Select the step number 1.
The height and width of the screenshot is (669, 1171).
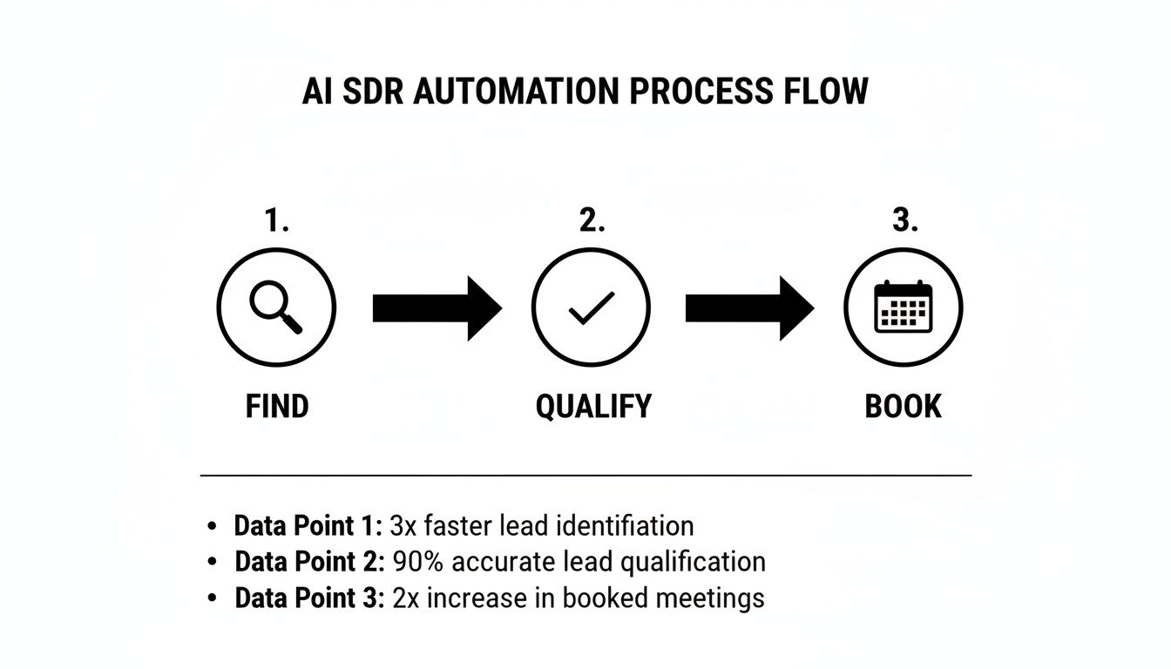pyautogui.click(x=276, y=222)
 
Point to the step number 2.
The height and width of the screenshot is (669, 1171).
pyautogui.click(x=592, y=222)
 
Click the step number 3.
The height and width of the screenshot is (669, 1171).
pyautogui.click(x=904, y=222)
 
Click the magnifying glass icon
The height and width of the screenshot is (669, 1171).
pyautogui.click(x=276, y=307)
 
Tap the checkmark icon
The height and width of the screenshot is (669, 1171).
pyautogui.click(x=592, y=307)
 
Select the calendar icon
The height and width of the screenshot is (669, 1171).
pyautogui.click(x=904, y=307)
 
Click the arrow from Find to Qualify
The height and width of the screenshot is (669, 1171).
pyautogui.click(x=437, y=308)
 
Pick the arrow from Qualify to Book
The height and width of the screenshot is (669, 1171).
pyautogui.click(x=749, y=308)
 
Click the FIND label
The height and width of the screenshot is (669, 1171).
pyautogui.click(x=277, y=407)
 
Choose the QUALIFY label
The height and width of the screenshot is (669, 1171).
pyautogui.click(x=593, y=407)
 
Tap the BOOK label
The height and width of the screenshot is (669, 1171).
pyautogui.click(x=904, y=407)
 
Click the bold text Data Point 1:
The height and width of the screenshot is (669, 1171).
pyautogui.click(x=308, y=526)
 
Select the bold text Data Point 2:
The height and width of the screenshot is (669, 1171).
pyautogui.click(x=309, y=562)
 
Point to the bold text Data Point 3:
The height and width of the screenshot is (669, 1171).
pyautogui.click(x=309, y=598)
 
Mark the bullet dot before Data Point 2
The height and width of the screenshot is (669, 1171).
pyautogui.click(x=213, y=563)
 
